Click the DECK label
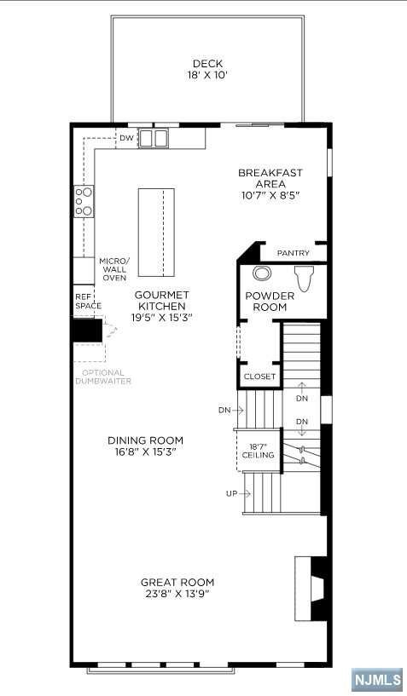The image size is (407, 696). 207,63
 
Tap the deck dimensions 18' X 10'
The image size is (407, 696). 207,75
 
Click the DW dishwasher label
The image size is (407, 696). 126,137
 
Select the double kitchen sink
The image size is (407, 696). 154,138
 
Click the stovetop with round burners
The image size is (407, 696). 84,201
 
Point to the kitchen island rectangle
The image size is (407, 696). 156,232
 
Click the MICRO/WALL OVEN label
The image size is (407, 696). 113,269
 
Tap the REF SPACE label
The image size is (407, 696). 87,301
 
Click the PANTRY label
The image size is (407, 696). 293,253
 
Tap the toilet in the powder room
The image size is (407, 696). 304,278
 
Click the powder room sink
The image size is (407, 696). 262,274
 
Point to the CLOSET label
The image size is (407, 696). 259,377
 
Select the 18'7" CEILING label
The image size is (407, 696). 258,451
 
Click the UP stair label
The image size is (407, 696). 230,493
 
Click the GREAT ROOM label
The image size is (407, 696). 177,583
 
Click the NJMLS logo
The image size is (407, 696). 376,679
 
